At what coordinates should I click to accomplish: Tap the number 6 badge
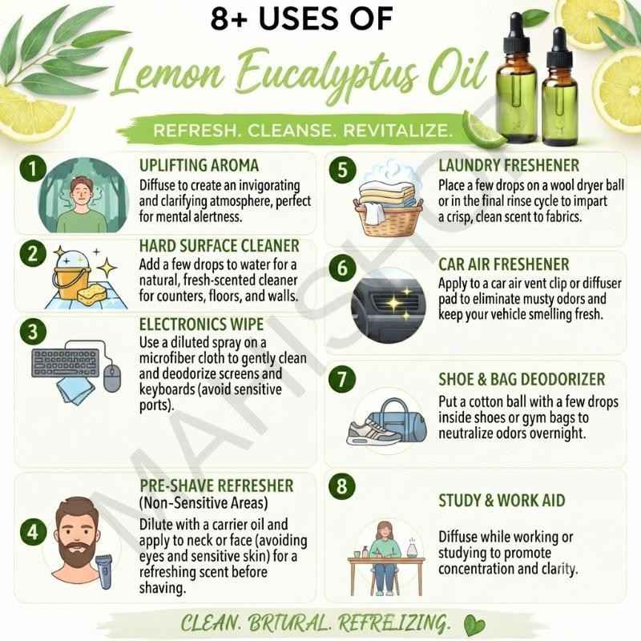pyautogui.click(x=342, y=268)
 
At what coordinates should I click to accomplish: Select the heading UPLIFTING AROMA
pyautogui.click(x=199, y=166)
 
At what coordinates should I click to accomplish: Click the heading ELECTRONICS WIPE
pyautogui.click(x=202, y=325)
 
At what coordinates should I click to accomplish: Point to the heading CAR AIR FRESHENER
pyautogui.click(x=504, y=264)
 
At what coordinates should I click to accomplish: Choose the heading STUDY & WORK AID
pyautogui.click(x=502, y=500)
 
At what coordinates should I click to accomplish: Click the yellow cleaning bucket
pyautogui.click(x=71, y=275)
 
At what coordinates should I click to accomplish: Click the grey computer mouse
pyautogui.click(x=112, y=378)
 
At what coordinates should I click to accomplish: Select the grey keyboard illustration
pyautogui.click(x=66, y=363)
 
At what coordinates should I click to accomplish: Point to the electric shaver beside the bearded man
pyautogui.click(x=104, y=571)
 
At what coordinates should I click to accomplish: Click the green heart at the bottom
pyautogui.click(x=474, y=625)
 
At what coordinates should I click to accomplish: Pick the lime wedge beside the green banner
pyautogui.click(x=485, y=130)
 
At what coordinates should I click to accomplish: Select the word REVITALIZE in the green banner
pyautogui.click(x=397, y=131)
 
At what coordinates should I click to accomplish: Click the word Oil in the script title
pyautogui.click(x=458, y=74)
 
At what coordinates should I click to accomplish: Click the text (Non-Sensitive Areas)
pyautogui.click(x=204, y=503)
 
